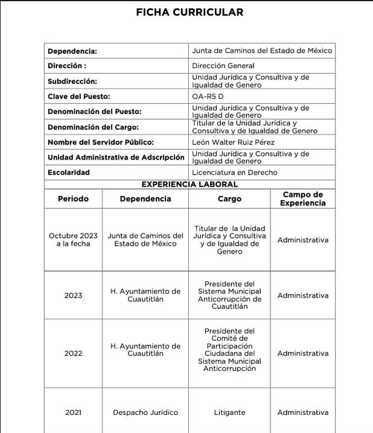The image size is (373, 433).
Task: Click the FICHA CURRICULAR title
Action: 190,12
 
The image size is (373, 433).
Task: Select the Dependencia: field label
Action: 72,51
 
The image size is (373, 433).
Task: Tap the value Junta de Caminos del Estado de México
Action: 262,51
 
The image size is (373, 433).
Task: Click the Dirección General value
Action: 223,66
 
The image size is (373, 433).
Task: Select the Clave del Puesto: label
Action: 78,96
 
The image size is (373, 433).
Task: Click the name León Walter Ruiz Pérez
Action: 233,143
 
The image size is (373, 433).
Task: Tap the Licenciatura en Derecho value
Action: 235,173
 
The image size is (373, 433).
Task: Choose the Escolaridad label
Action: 69,173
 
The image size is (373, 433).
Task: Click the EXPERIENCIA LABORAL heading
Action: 190,184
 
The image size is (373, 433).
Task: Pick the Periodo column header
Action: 73,199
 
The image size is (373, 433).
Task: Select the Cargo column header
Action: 229,199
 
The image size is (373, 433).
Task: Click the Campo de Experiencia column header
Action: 302,199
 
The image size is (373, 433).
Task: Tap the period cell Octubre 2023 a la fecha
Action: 73,240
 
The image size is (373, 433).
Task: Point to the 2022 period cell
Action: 73,353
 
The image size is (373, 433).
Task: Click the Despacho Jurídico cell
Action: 145,412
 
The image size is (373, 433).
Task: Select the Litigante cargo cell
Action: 229,412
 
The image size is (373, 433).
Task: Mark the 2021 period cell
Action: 73,412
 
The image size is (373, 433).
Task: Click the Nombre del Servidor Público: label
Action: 101,143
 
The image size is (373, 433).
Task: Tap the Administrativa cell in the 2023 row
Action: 302,296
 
